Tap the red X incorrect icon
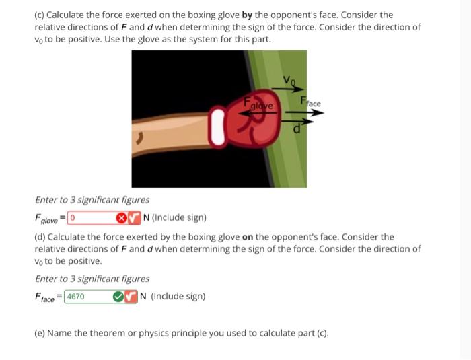pos(121,217)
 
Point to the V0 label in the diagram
pos(289,81)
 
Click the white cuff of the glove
pos(217,131)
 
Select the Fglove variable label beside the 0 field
pos(47,218)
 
